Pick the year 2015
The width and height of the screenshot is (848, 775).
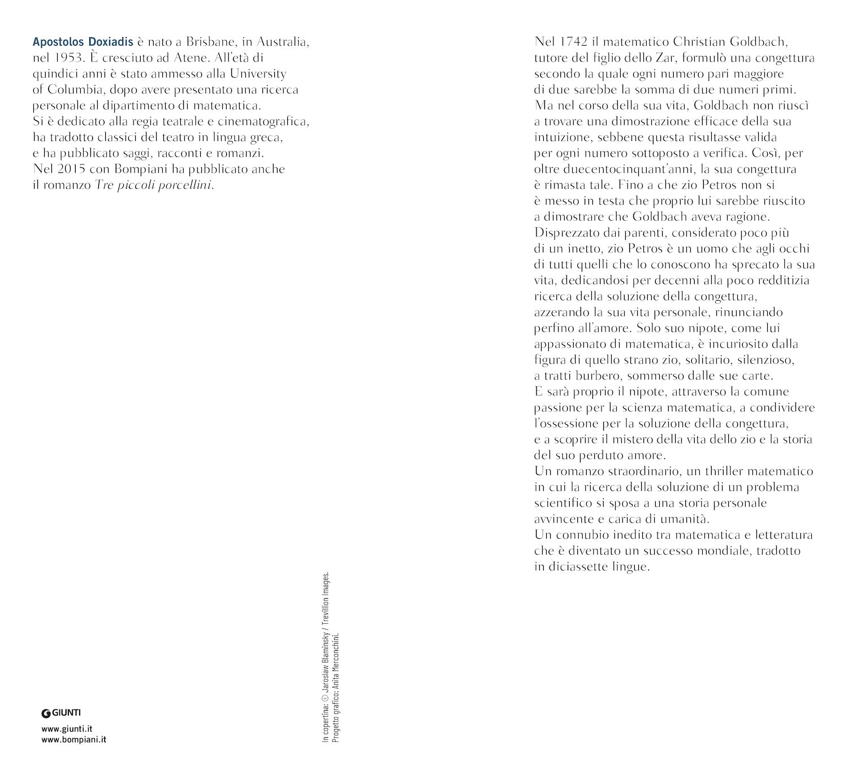pos(66,169)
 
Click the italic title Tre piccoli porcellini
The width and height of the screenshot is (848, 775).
pos(154,185)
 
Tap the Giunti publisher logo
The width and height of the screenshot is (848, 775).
pos(61,713)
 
